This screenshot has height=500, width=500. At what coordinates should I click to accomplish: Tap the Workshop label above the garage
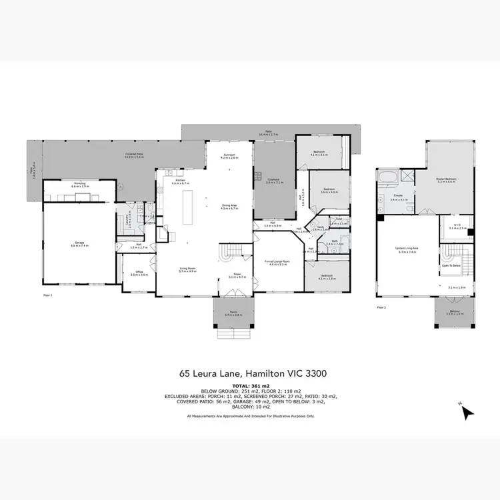(x=75, y=186)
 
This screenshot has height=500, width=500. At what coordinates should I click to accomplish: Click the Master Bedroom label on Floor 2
(x=446, y=180)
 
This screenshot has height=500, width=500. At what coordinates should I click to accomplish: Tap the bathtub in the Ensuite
(x=387, y=177)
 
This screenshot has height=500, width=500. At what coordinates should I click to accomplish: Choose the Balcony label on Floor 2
(x=455, y=312)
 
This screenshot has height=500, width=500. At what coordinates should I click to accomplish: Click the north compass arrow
(x=467, y=412)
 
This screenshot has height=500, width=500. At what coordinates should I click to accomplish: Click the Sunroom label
(x=229, y=156)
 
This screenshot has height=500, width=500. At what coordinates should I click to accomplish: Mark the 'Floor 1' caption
(x=47, y=294)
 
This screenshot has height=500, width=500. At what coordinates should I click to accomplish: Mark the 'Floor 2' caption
(x=381, y=307)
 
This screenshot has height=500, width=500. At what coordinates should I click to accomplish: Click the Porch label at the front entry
(x=233, y=313)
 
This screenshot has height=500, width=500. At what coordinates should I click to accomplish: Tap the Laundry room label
(x=129, y=221)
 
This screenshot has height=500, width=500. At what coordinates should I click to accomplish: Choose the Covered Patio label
(x=135, y=155)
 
